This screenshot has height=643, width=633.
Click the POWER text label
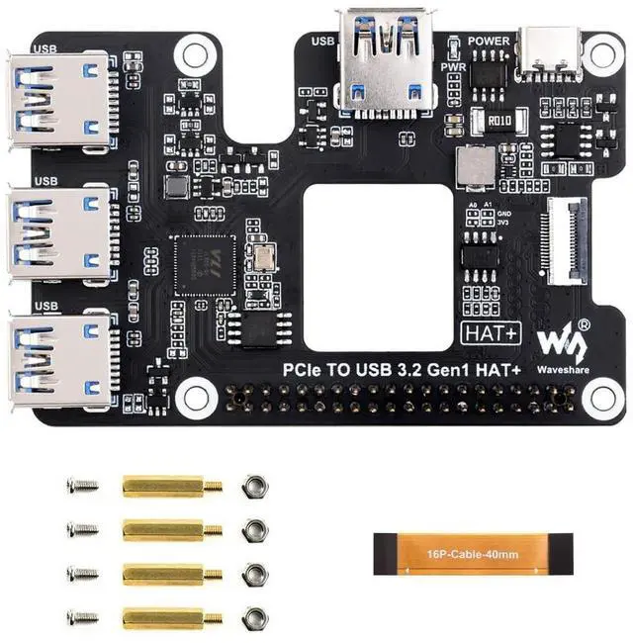489,42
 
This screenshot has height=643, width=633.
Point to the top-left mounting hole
197,49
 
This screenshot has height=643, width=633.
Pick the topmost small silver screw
82,486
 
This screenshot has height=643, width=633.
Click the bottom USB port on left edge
58,362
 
